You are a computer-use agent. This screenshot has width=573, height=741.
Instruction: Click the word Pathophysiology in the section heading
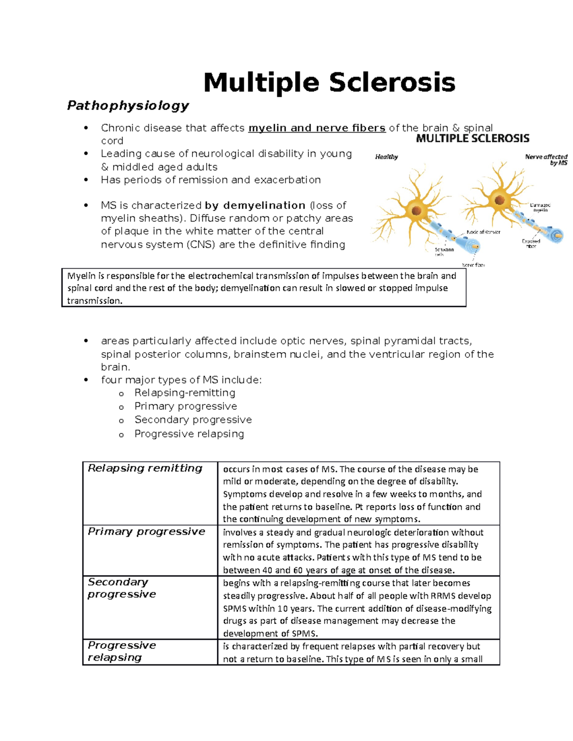pyautogui.click(x=128, y=105)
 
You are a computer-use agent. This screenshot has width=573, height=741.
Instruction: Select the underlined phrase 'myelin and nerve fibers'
pyautogui.click(x=317, y=128)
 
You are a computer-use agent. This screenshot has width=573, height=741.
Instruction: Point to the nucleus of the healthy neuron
pyautogui.click(x=416, y=210)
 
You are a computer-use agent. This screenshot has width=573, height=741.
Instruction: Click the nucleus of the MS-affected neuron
pyautogui.click(x=499, y=200)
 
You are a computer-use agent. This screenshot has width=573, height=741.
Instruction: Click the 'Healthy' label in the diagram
pyautogui.click(x=386, y=157)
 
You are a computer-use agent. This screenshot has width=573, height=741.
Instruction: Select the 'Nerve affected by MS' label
pyautogui.click(x=546, y=160)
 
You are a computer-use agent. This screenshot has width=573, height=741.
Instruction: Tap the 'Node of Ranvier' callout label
pyautogui.click(x=483, y=232)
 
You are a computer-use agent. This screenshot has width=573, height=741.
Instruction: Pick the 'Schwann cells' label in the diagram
pyautogui.click(x=444, y=251)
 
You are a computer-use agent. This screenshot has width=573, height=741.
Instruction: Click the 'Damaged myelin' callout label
pyautogui.click(x=540, y=207)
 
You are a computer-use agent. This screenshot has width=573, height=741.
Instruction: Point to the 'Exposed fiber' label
pyautogui.click(x=531, y=243)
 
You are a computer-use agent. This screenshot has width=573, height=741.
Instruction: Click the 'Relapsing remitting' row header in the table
pyautogui.click(x=145, y=468)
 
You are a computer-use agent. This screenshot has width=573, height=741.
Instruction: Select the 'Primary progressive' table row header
pyautogui.click(x=147, y=532)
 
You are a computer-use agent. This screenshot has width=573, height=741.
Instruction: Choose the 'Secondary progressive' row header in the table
pyautogui.click(x=122, y=588)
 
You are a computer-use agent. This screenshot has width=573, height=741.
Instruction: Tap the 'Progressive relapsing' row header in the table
pyautogui.click(x=122, y=651)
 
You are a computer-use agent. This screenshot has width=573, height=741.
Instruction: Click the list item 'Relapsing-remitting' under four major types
pyautogui.click(x=185, y=393)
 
